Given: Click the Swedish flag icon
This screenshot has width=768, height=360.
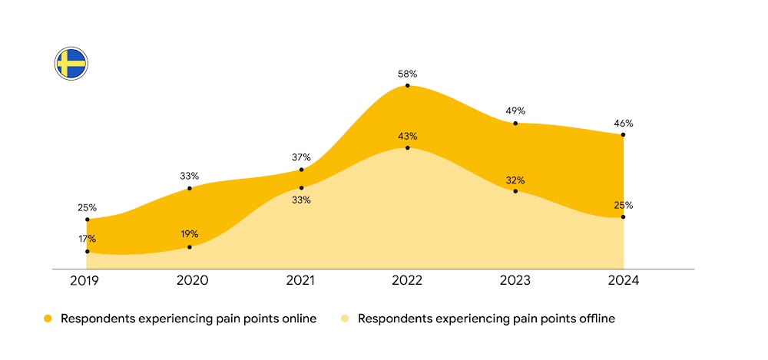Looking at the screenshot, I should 71,63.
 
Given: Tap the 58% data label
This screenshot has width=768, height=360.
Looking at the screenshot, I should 407,74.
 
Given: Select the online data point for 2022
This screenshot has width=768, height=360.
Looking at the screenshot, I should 407,86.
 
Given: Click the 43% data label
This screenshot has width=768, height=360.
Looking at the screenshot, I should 407,136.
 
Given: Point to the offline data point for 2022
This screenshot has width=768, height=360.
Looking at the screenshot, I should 407,147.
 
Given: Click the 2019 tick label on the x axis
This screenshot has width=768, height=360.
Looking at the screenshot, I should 86,281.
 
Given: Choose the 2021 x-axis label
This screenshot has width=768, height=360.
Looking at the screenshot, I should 301,281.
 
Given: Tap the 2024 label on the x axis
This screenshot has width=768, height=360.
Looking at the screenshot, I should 623,281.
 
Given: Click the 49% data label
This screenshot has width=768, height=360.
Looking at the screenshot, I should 515,111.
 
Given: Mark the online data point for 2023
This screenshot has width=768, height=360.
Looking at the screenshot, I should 515,123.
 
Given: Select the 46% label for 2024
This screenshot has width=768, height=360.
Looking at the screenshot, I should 623,123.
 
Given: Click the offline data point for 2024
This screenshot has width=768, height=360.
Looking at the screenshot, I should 623,217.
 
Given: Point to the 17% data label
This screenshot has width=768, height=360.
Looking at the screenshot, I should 86,239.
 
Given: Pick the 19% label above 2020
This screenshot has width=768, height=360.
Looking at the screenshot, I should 190,234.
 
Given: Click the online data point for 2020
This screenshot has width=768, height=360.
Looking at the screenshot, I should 190,188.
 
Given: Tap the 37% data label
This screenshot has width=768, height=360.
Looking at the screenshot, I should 301,157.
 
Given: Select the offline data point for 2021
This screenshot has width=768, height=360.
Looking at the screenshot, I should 301,187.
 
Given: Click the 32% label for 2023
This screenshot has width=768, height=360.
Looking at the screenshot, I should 515,180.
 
